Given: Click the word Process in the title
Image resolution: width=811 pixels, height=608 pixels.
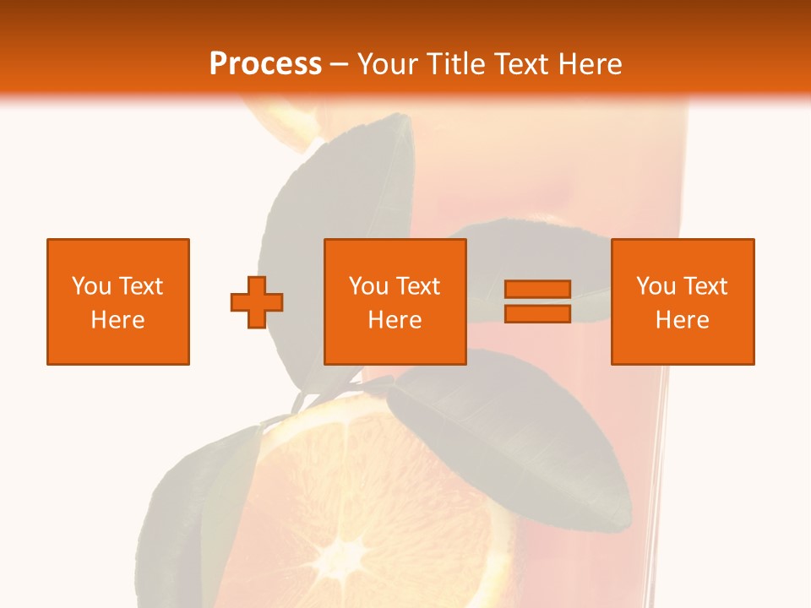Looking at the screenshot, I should [x=265, y=64].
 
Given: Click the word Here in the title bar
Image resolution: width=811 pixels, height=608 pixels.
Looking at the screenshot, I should [x=591, y=64].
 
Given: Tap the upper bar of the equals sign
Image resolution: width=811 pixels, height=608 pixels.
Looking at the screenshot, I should [x=537, y=290].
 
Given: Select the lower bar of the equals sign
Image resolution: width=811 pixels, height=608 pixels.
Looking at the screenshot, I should [x=537, y=313].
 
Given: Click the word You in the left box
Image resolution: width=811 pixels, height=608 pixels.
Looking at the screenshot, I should [x=91, y=286].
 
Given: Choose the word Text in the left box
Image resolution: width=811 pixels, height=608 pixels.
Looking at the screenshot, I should [x=139, y=286].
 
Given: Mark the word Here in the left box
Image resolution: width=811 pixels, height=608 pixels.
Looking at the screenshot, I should [x=117, y=320].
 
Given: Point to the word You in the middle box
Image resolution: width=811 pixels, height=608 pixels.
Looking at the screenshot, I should [x=369, y=286].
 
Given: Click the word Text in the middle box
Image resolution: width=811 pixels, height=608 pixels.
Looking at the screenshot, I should [x=417, y=286].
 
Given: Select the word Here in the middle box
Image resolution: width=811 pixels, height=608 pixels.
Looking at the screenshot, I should [x=395, y=320].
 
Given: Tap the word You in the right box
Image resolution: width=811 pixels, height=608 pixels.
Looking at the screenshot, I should [x=656, y=286].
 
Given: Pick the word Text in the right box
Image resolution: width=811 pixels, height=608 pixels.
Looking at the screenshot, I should [x=705, y=286].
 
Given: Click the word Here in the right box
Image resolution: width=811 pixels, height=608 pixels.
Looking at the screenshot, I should [x=682, y=320].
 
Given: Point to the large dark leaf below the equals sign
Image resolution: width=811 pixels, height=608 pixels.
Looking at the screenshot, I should [x=515, y=439].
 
